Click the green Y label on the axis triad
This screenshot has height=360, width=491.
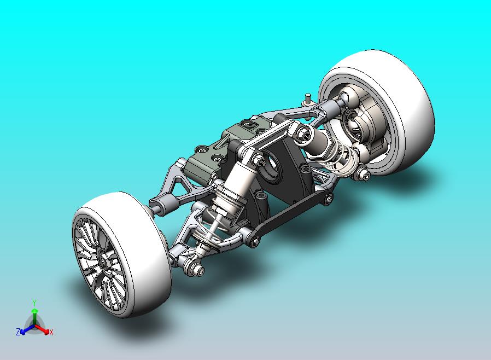point(34,303)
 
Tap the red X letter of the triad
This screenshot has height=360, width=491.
point(51,332)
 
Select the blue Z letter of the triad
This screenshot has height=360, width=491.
point(18,332)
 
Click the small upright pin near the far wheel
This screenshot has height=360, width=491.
point(308,99)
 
